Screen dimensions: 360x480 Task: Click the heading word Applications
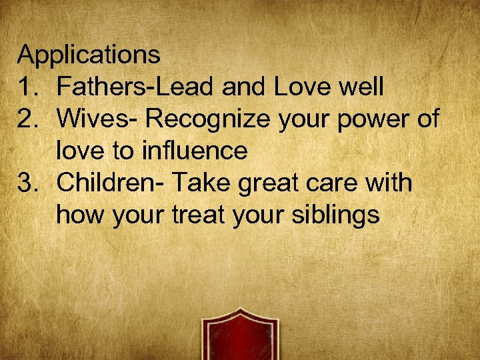[x=89, y=55]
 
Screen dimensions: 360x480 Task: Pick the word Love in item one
[x=299, y=87]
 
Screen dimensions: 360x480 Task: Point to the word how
[x=81, y=215]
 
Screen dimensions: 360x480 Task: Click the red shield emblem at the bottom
[x=240, y=337]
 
